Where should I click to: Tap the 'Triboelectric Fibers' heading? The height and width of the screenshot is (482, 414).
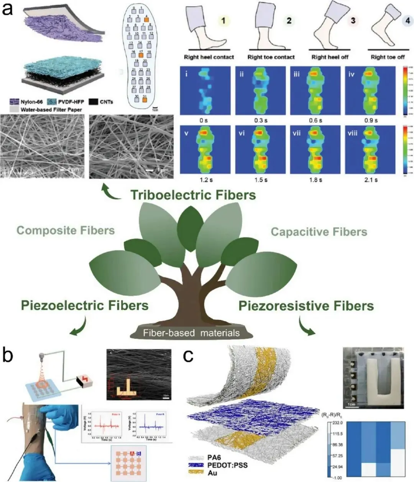pos(193,195)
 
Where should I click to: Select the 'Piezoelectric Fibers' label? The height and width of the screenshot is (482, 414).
pos(84,305)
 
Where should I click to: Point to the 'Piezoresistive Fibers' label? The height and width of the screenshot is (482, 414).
pos(306,306)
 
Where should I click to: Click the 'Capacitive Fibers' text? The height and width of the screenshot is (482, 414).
pos(319,231)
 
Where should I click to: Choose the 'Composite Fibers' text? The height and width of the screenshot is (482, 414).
pos(66,230)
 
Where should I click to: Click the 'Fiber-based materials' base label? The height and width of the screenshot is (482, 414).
pos(191,333)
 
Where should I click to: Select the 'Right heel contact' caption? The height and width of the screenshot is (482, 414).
pos(209,57)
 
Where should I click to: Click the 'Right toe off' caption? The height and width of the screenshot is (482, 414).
pos(388,57)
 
